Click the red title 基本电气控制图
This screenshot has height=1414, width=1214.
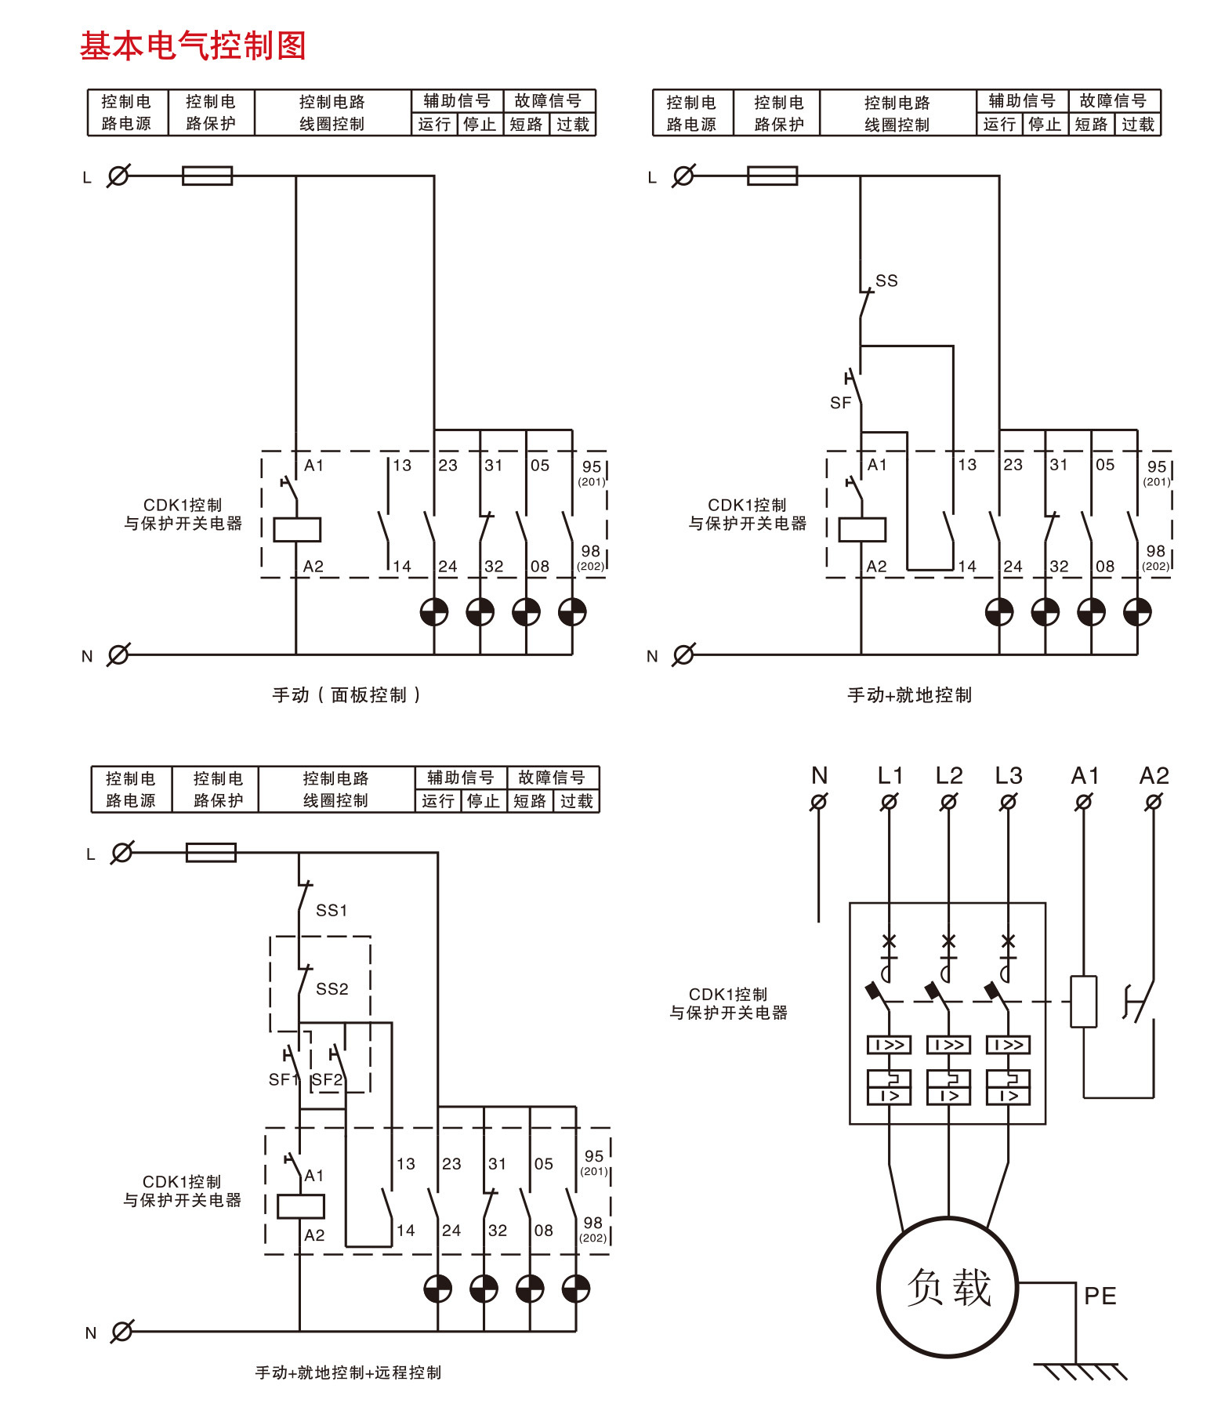[x=193, y=45]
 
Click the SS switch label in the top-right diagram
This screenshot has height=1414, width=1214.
[x=886, y=281]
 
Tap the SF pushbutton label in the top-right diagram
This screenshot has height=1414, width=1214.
[x=840, y=403]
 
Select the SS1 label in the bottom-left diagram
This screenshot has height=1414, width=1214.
[x=332, y=910]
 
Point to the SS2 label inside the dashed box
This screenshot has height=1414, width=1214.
[x=332, y=989]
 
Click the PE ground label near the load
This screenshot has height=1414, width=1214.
[x=1100, y=1296]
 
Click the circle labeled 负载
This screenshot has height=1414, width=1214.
[x=948, y=1288]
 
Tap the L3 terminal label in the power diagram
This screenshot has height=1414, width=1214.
[x=1009, y=776]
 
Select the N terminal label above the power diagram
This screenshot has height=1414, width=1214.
[x=820, y=776]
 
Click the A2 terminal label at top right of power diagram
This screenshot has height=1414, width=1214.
[x=1154, y=776]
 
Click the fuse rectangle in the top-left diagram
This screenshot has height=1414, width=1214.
[x=207, y=176]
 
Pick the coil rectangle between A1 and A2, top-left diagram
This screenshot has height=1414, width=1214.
[x=297, y=530]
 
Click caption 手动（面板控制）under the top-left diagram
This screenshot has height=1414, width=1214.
[x=346, y=695]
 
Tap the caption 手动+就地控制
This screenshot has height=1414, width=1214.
[x=909, y=695]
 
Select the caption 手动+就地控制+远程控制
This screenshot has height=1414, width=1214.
[x=348, y=1372]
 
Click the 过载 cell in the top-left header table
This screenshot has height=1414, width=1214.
[x=573, y=125]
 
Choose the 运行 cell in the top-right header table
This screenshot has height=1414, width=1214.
[x=999, y=125]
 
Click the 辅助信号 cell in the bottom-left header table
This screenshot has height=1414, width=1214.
[x=460, y=778]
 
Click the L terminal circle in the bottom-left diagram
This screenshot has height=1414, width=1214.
[x=122, y=853]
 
